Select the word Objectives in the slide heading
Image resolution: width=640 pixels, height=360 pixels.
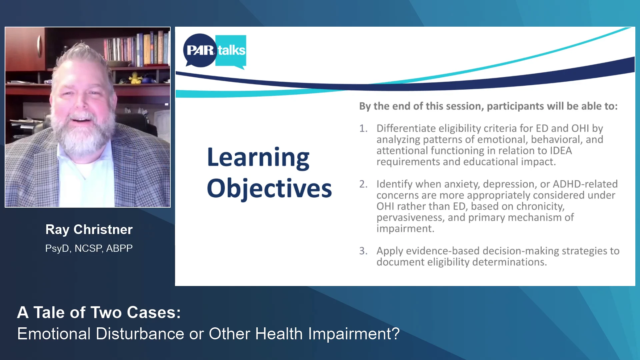click(269, 189)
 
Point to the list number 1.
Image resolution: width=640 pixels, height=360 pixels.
click(363, 128)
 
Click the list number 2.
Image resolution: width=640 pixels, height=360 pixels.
click(363, 184)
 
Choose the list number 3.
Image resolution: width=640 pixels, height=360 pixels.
click(363, 251)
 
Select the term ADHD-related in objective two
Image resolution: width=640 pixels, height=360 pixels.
click(585, 184)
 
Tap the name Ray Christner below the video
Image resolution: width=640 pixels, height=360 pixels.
click(89, 230)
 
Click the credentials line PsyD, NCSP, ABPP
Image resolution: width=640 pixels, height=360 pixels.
click(89, 248)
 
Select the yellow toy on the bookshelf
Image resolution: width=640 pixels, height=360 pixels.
click(135, 78)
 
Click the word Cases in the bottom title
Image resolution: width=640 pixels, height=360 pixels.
click(154, 313)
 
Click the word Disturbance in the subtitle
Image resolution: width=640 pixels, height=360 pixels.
click(140, 334)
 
